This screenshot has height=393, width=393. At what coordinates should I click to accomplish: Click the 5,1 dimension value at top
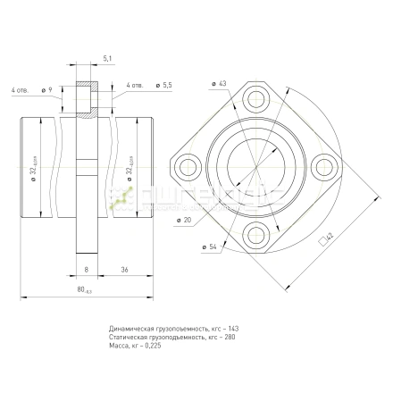(107, 58)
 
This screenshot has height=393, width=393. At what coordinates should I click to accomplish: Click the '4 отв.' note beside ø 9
(20, 90)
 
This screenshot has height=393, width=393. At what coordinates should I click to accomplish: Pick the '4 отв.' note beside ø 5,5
(135, 85)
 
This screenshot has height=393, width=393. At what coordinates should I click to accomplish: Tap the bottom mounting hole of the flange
(256, 234)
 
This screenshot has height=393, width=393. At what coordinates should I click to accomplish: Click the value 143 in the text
(234, 330)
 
